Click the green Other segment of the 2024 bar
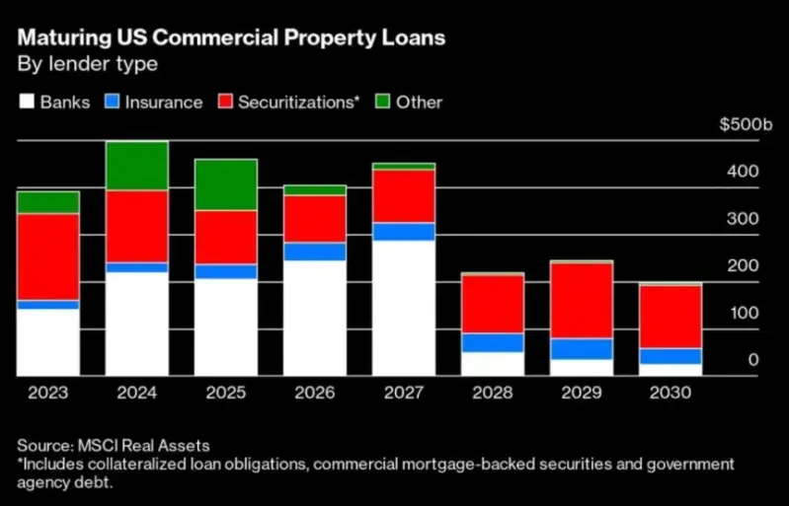tap(137, 166)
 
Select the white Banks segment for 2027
tap(403, 308)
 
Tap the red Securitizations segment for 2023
tap(48, 256)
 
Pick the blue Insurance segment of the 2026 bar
tap(314, 252)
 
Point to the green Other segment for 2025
tap(226, 184)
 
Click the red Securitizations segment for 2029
tap(581, 300)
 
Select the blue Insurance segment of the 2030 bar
tap(670, 356)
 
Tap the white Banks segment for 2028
tap(492, 364)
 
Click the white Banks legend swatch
tap(27, 102)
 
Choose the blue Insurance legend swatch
tap(115, 102)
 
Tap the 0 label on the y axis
tap(752, 361)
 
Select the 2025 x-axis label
tap(225, 392)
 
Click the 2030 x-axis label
tap(670, 392)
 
